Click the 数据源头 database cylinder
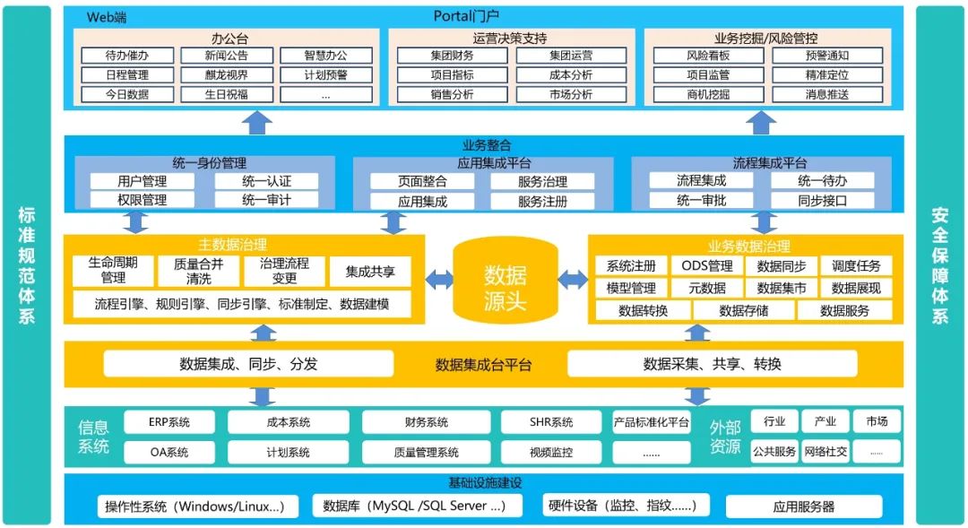click(505, 280)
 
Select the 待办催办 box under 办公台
click(127, 56)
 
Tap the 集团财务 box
click(452, 56)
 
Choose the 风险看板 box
click(708, 56)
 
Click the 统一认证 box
click(266, 181)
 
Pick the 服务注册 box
click(542, 202)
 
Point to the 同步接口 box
click(822, 201)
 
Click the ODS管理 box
click(707, 266)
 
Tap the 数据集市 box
click(782, 288)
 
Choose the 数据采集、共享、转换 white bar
click(713, 364)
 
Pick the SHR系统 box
click(549, 422)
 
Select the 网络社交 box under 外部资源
click(825, 452)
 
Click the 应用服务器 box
click(803, 506)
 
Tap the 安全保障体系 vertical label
click(940, 265)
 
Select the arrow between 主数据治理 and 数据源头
click(438, 280)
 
